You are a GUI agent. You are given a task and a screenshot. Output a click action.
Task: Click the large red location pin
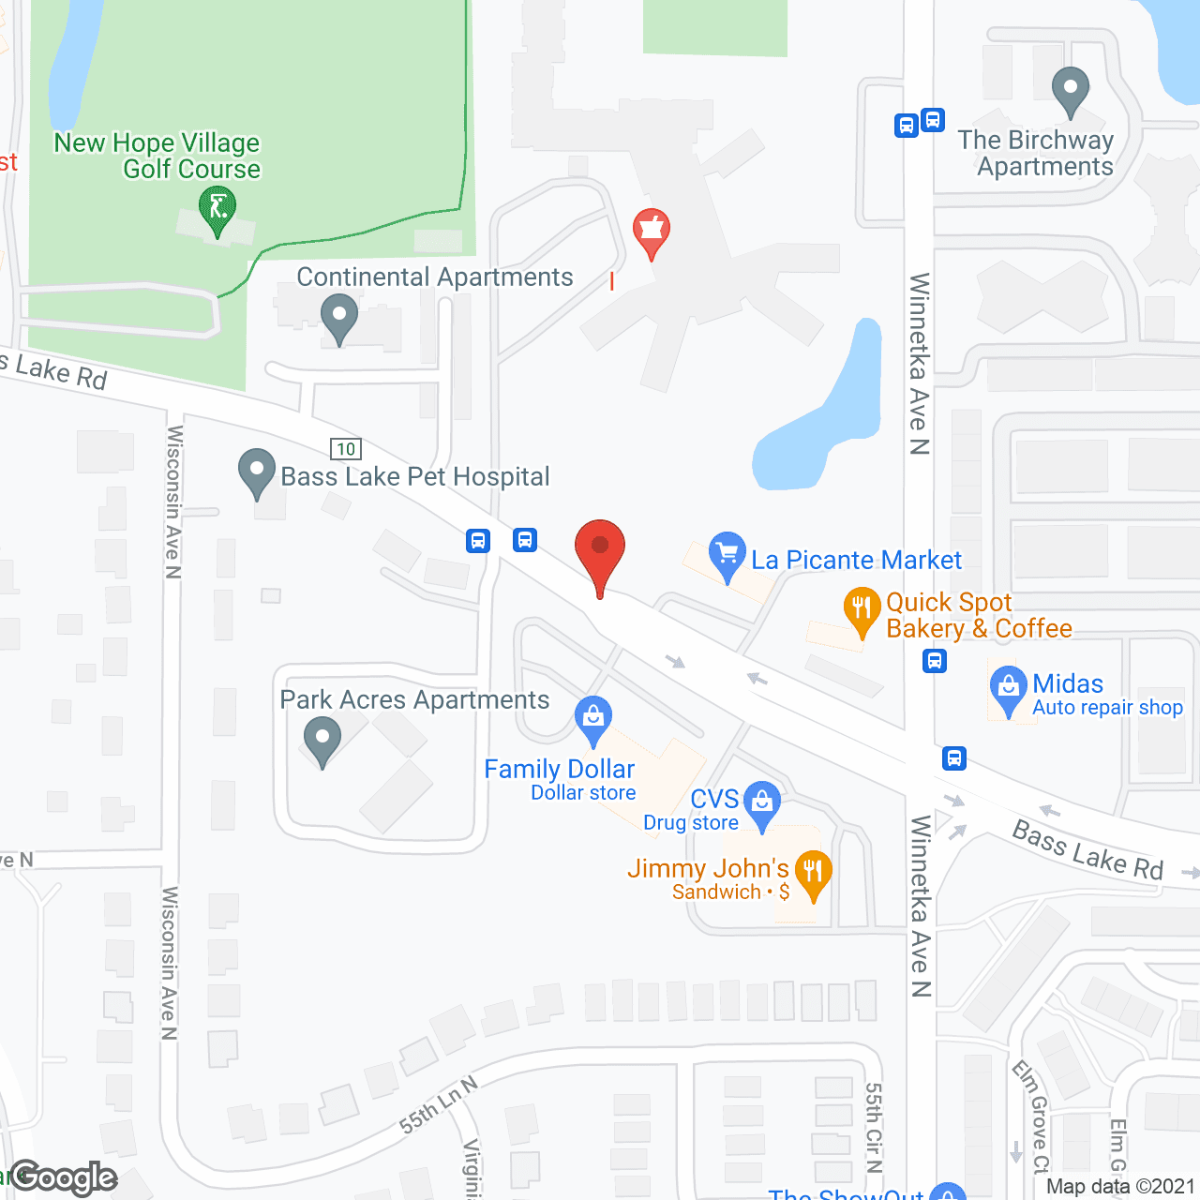click(x=599, y=548)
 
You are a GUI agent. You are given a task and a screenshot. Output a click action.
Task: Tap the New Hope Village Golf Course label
click(x=157, y=156)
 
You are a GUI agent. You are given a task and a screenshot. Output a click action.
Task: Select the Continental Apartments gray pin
click(x=339, y=316)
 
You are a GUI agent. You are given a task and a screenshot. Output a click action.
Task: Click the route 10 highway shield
click(x=346, y=449)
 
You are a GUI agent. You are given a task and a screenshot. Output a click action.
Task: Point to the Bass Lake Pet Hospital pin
click(x=257, y=471)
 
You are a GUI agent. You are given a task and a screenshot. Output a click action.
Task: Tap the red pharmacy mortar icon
click(x=652, y=230)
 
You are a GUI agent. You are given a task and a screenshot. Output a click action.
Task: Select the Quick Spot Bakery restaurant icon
click(x=861, y=609)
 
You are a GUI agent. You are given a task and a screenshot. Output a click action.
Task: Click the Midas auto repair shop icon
click(x=1008, y=687)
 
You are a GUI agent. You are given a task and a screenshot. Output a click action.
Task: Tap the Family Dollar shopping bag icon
click(x=593, y=718)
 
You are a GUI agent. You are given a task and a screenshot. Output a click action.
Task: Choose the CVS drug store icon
click(x=762, y=802)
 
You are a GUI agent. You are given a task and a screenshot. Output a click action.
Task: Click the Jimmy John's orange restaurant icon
click(x=813, y=872)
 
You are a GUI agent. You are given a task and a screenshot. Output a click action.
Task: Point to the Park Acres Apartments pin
click(x=322, y=738)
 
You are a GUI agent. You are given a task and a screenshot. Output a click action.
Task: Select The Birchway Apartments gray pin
click(x=1070, y=89)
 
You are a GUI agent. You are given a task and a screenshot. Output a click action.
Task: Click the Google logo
click(x=64, y=1177)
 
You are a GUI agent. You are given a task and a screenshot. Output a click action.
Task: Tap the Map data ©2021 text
click(x=1120, y=1187)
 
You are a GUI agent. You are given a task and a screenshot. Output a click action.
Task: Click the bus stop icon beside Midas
click(x=935, y=661)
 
